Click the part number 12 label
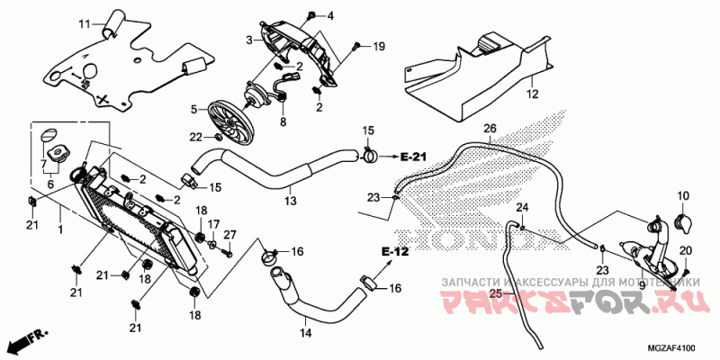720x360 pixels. pos(532,94)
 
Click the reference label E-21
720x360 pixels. pos(412,157)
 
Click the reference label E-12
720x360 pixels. pos(395,251)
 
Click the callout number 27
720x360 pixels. pos(229,235)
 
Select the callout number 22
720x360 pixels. pos(195,136)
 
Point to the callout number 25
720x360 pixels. pos(494,293)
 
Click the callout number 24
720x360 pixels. pos(520,209)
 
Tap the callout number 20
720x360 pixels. pos(685,250)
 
